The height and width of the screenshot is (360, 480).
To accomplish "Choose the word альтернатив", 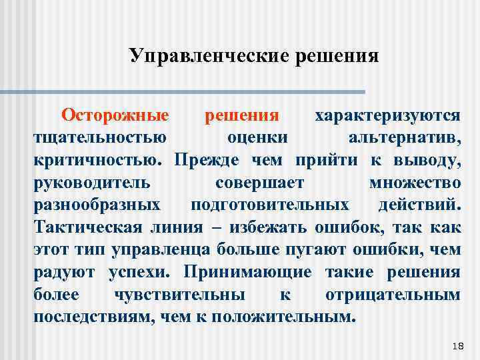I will (404, 139).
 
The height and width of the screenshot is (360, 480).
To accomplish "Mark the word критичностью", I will (97, 161).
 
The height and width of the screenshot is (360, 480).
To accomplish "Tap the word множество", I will (414, 183).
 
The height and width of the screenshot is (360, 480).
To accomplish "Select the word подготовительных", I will (269, 205).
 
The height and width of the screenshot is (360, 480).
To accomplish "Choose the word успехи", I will (144, 272).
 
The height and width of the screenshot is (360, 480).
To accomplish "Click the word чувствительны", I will (179, 294).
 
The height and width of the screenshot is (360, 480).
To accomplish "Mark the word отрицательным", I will (393, 294).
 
